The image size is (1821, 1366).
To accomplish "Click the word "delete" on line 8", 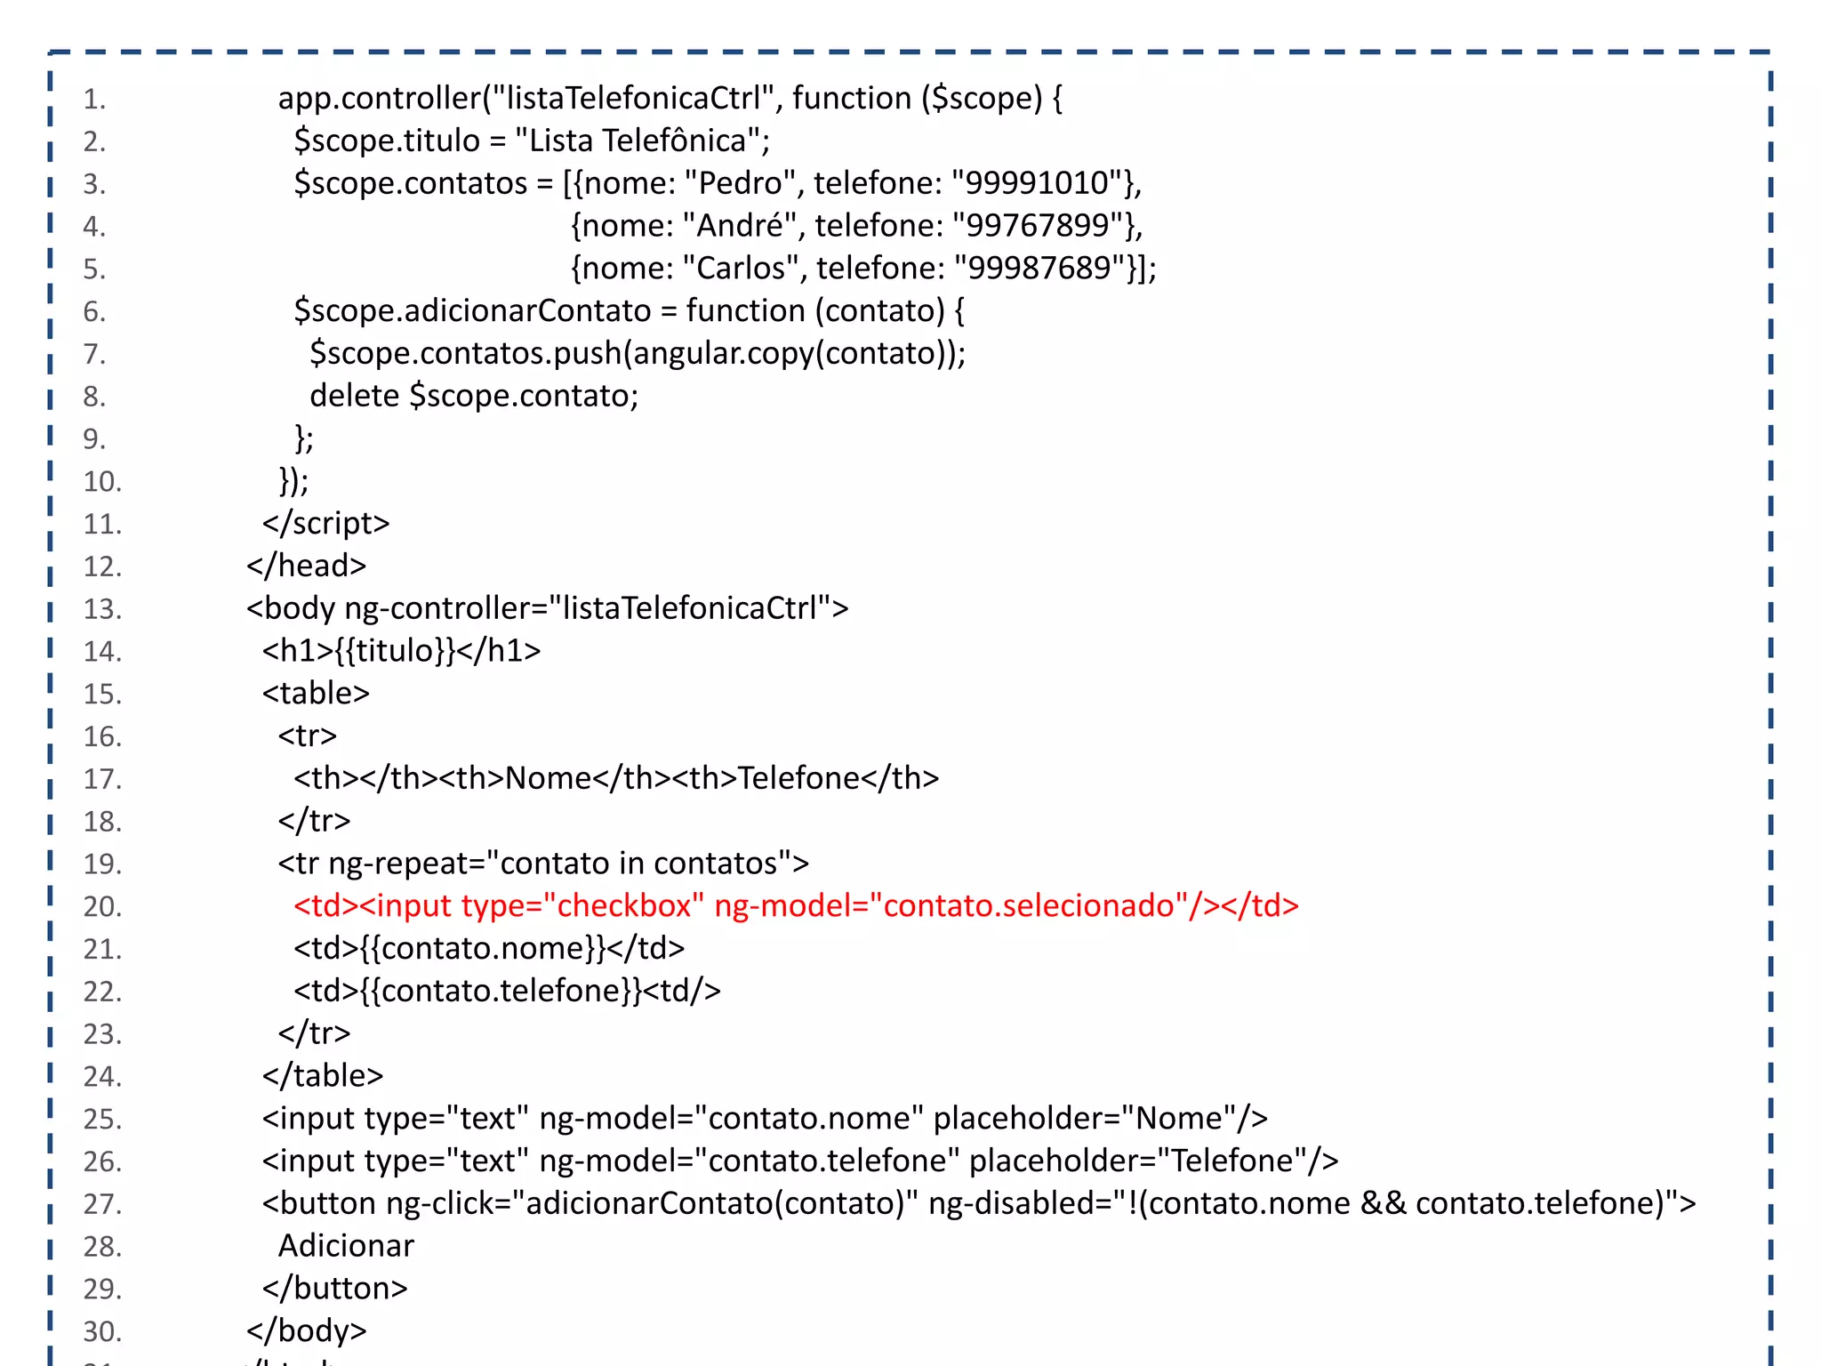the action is (354, 396).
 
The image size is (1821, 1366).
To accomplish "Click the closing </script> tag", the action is (325, 523).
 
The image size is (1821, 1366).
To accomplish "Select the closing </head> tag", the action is (307, 566).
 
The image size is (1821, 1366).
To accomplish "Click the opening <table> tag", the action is (316, 694).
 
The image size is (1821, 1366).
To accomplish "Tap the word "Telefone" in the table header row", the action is (798, 778).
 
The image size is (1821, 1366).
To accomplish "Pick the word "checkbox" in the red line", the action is (623, 906).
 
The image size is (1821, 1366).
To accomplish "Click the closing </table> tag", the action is (323, 1076).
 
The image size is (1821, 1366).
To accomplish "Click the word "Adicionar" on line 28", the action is (346, 1246).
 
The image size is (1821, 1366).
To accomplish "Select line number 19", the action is (102, 864).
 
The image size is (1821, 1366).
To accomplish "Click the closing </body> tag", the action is (307, 1330).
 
